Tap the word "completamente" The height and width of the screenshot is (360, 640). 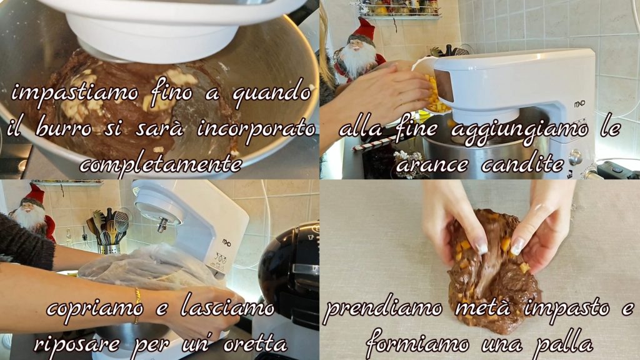click(161, 164)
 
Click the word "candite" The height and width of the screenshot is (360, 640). click(523, 164)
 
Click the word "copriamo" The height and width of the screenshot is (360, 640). click(95, 309)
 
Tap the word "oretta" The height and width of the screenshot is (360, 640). click(255, 344)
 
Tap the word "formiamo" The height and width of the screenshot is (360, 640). click(417, 343)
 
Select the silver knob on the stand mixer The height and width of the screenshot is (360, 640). click(575, 157)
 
